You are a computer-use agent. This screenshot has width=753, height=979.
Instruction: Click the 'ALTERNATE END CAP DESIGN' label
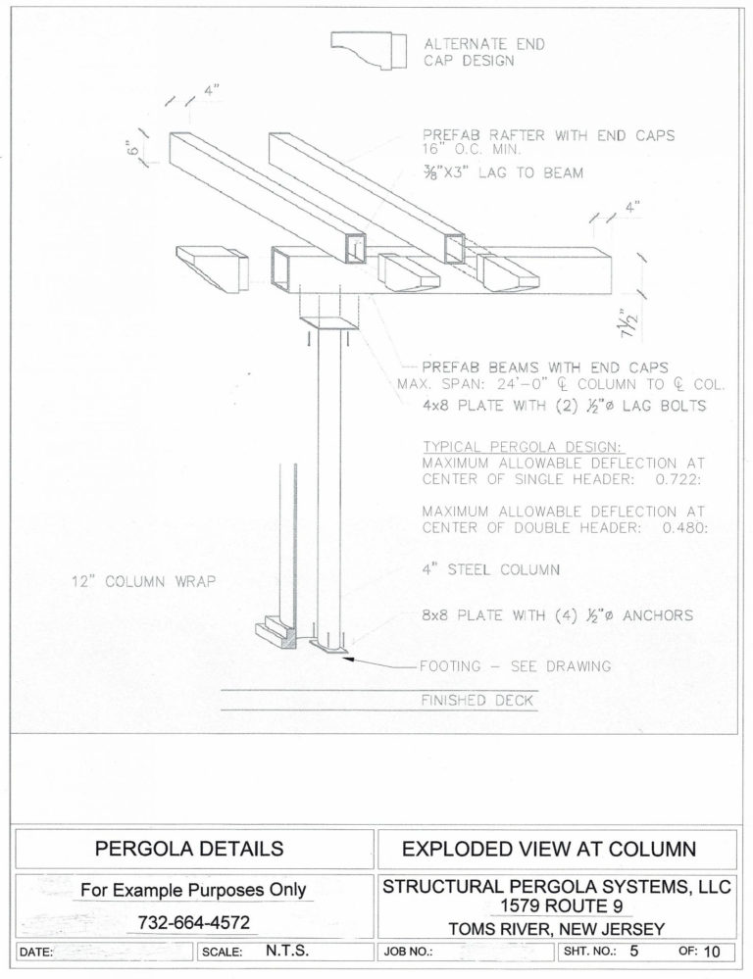483,51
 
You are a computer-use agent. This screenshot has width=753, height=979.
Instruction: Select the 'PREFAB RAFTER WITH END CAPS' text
548,135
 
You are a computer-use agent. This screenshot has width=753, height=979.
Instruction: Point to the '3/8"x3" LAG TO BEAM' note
502,173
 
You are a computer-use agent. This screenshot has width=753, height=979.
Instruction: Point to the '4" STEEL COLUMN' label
490,569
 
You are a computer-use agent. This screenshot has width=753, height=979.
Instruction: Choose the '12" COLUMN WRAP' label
143,581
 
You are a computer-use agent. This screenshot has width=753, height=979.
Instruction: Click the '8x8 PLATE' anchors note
557,615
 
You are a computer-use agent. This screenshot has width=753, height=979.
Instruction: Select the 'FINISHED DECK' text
477,701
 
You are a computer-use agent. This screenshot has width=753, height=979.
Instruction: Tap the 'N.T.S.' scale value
288,951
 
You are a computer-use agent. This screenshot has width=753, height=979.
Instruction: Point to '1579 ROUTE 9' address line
555,906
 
